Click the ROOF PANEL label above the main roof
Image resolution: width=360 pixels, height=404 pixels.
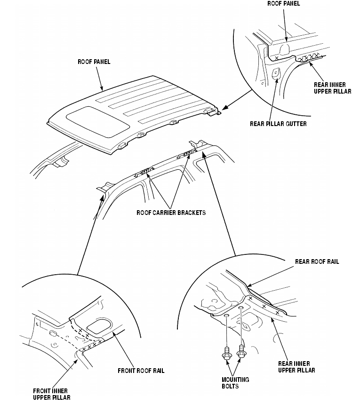pyautogui.click(x=94, y=62)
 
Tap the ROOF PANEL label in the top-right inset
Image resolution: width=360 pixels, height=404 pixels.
pyautogui.click(x=283, y=3)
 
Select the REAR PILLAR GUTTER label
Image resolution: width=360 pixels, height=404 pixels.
pyautogui.click(x=278, y=124)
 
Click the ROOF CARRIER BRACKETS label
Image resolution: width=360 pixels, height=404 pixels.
pyautogui.click(x=171, y=213)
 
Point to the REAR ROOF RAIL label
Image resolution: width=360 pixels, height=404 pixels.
pyautogui.click(x=317, y=261)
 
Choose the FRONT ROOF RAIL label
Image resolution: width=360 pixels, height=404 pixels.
pyautogui.click(x=141, y=371)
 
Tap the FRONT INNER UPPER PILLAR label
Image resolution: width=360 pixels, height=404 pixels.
pyautogui.click(x=51, y=394)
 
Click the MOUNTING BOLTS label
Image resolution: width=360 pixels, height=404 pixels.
pyautogui.click(x=235, y=383)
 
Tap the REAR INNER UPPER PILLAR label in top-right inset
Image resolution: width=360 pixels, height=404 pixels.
pyautogui.click(x=332, y=88)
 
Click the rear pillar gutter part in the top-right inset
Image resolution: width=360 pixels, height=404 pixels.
pyautogui.click(x=276, y=72)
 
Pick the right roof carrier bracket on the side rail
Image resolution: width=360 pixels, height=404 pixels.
pyautogui.click(x=187, y=154)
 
